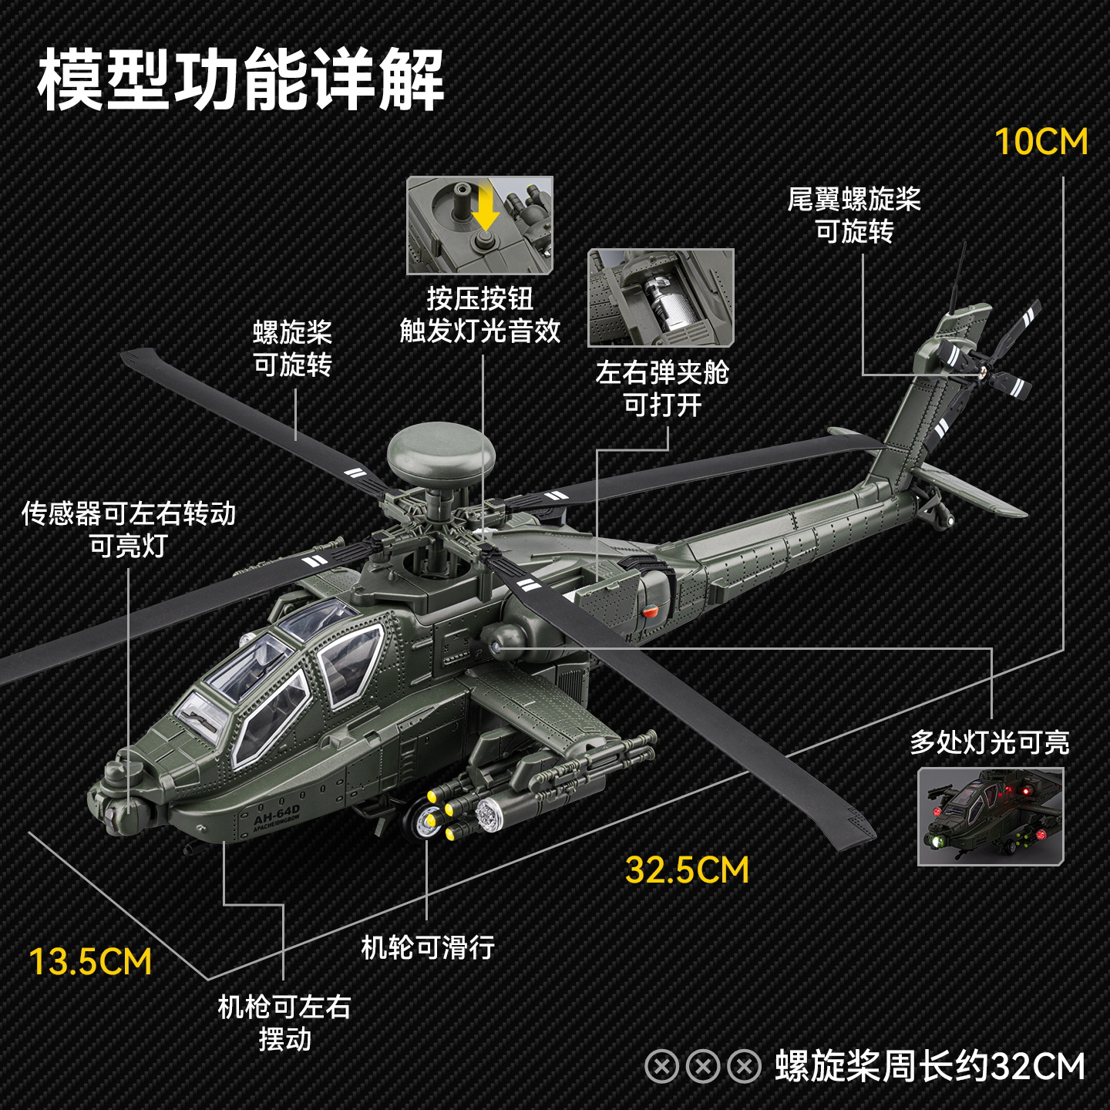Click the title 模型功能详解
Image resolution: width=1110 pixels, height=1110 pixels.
(x=240, y=79)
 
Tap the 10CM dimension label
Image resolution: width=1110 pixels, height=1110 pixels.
(x=1041, y=142)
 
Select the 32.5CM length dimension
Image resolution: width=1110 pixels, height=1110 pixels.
(x=687, y=870)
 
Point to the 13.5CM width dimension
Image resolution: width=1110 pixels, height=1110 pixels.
(x=90, y=962)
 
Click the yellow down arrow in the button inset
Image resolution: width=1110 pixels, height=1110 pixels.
(x=485, y=210)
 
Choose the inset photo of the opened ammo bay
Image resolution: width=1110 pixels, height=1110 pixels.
(x=661, y=298)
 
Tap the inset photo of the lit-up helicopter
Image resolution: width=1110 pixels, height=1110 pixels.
(x=991, y=816)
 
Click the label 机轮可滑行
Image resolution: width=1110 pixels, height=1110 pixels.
(x=428, y=947)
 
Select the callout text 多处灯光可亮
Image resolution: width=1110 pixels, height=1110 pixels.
(x=990, y=742)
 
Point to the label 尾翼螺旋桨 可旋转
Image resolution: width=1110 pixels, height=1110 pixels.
(x=854, y=215)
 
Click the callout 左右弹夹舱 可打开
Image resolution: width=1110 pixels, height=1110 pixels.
(x=662, y=388)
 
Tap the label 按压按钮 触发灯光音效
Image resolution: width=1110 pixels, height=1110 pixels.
(x=479, y=314)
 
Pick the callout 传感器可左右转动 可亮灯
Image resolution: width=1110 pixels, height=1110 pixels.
(x=129, y=529)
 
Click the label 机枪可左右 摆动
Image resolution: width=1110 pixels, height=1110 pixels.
(x=284, y=1022)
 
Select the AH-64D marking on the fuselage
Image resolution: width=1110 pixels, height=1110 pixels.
(x=277, y=815)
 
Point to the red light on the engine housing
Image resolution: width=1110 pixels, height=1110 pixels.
(x=651, y=612)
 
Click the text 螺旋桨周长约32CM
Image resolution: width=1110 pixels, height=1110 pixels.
(x=930, y=1067)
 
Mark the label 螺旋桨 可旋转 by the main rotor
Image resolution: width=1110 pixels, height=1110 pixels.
(x=293, y=348)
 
